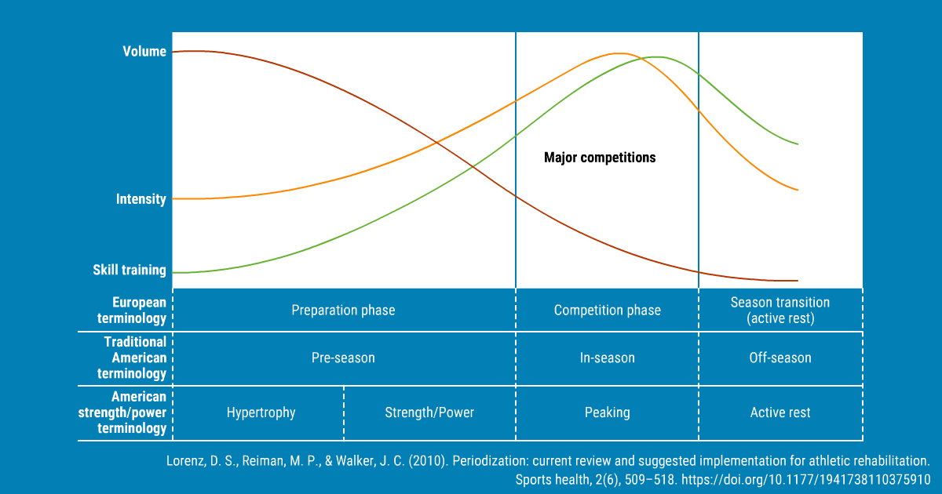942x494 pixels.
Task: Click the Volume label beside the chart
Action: pos(144,51)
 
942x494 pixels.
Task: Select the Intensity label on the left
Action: pos(141,198)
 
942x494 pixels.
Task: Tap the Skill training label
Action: pos(130,270)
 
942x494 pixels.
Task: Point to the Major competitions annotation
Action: pos(600,158)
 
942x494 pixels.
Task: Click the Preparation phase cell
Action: pos(343,310)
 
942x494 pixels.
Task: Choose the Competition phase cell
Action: pos(608,310)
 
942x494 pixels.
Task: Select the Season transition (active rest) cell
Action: pos(780,310)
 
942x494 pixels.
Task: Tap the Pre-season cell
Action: pos(343,358)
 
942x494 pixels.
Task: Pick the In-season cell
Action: pos(608,358)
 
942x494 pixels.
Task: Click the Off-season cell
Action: pos(780,358)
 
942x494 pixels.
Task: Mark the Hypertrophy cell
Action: pos(261,412)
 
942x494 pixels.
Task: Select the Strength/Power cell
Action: pos(429,412)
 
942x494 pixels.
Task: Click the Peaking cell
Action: pos(608,412)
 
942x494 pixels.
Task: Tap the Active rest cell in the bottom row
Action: pos(780,412)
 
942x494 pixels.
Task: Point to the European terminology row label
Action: pos(132,310)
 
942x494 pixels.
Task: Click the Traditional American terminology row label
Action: pos(132,358)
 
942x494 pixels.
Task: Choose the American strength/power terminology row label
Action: pos(122,412)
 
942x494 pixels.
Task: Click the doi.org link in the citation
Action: pos(805,480)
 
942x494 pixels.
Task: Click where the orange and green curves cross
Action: pos(641,58)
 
